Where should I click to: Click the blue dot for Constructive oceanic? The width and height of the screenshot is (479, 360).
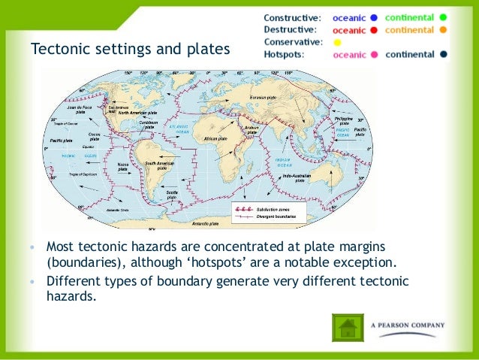point(372,17)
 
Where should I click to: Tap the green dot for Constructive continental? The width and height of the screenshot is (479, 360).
point(444,17)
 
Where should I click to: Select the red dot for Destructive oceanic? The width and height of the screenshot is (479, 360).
point(372,30)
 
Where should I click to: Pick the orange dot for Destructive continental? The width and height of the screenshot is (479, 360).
point(444,30)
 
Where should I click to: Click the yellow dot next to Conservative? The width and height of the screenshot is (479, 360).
point(337,42)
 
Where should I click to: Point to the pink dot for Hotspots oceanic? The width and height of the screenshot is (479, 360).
point(372,55)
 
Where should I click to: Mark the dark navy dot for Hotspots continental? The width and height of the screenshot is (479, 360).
point(444,55)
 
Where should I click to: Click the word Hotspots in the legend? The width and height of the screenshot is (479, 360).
point(285,55)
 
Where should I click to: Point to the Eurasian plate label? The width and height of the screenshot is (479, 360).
point(264,98)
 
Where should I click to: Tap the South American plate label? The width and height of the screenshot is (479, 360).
point(160,165)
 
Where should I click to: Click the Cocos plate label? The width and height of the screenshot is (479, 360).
point(95,137)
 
